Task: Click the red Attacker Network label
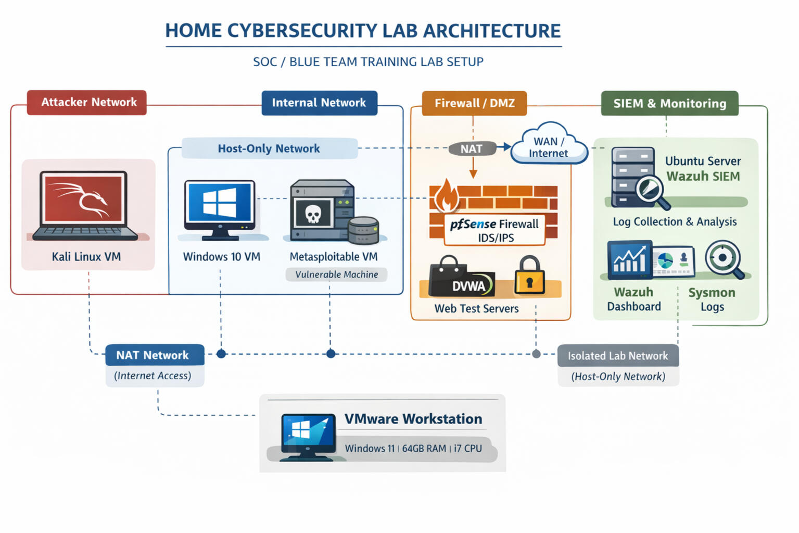(x=87, y=102)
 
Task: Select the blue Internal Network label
(x=319, y=103)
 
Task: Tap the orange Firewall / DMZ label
(x=474, y=103)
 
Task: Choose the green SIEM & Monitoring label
(x=669, y=103)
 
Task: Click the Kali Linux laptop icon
(x=85, y=206)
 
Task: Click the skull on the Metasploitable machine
(x=312, y=214)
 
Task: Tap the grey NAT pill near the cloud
(x=471, y=149)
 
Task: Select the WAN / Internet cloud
(x=549, y=145)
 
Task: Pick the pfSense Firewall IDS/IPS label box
(x=494, y=230)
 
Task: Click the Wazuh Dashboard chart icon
(x=630, y=259)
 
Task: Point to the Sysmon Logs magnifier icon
(x=724, y=258)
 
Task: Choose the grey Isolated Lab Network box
(x=618, y=356)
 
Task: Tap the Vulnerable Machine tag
(x=336, y=275)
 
